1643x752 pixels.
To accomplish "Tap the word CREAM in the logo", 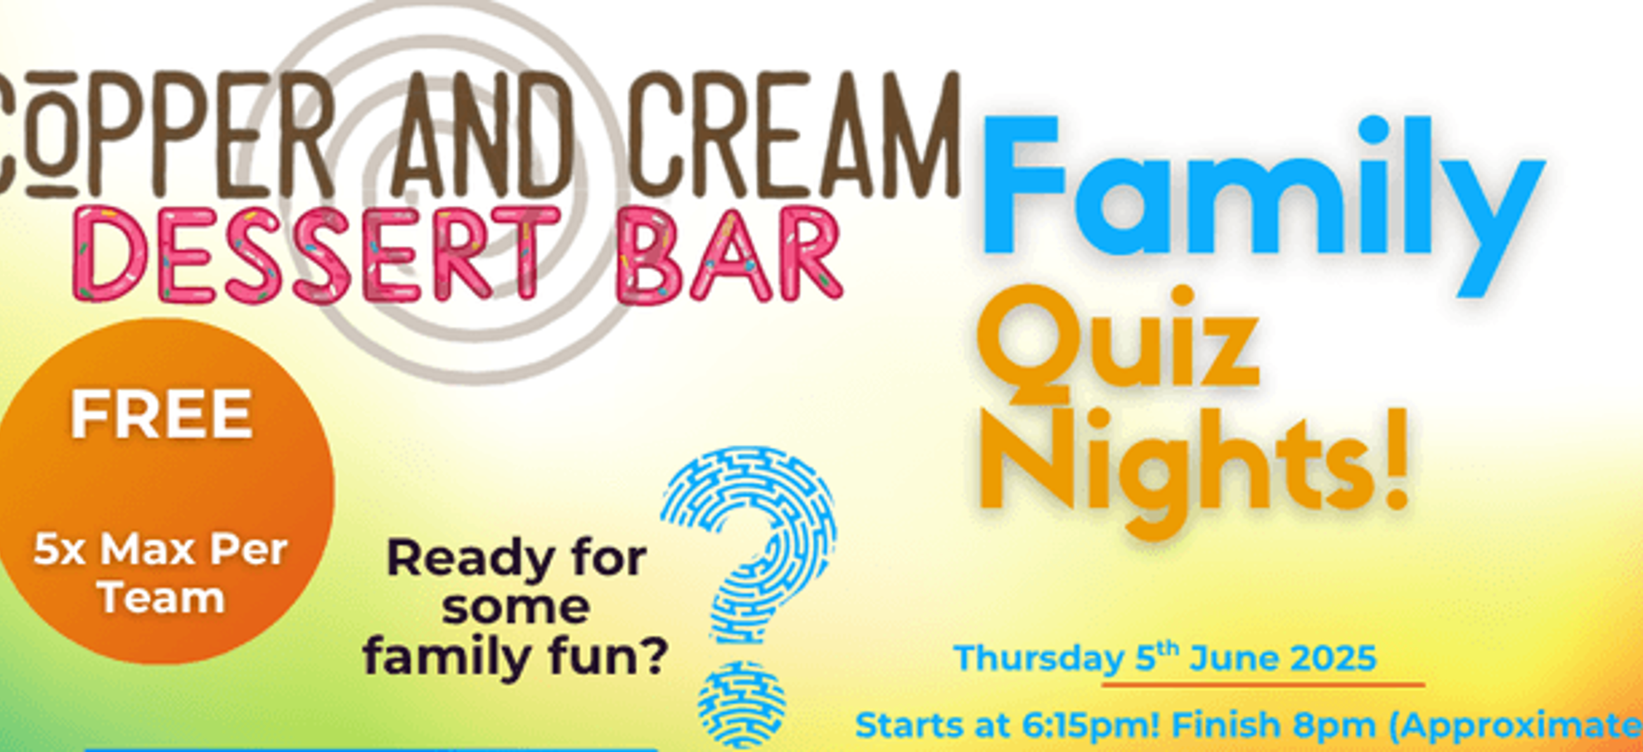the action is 795,134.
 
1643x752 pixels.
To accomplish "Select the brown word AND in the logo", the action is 482,134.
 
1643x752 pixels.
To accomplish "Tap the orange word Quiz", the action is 1119,344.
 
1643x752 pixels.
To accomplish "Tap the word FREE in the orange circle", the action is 161,415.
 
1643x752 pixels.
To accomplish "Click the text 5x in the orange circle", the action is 59,550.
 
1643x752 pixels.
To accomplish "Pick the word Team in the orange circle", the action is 162,599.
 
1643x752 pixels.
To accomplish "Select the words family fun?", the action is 515,657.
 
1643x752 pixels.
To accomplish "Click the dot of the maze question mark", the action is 741,704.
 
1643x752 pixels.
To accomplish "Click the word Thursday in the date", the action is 1040,658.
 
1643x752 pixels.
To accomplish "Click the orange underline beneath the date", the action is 1263,685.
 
